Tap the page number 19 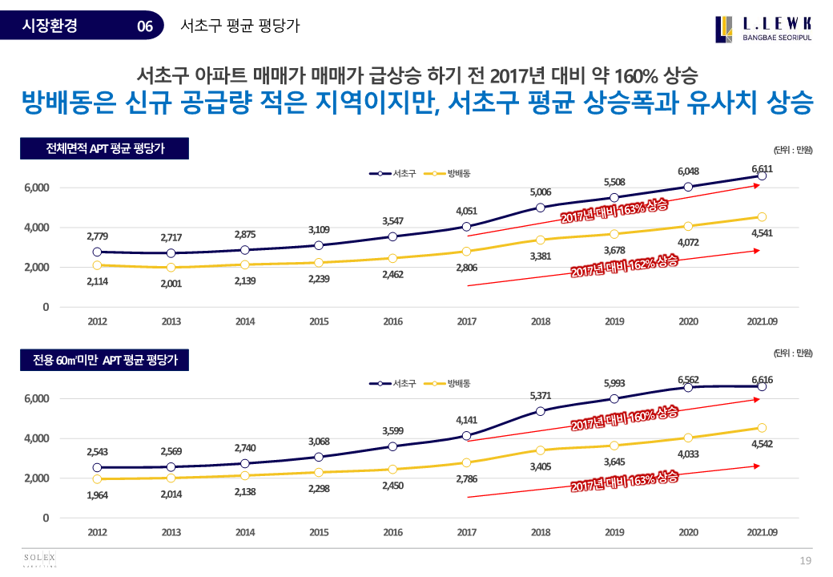tap(807, 559)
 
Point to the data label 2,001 tap(171, 282)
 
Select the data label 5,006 tap(541, 192)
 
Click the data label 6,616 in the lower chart tap(762, 379)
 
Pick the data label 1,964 tap(98, 494)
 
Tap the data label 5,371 tap(541, 396)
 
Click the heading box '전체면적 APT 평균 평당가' tap(105, 148)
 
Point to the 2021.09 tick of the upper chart tap(762, 321)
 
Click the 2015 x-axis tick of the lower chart tap(319, 532)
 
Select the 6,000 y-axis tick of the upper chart tap(34, 188)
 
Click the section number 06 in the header tap(145, 26)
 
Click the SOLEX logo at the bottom tap(38, 559)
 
